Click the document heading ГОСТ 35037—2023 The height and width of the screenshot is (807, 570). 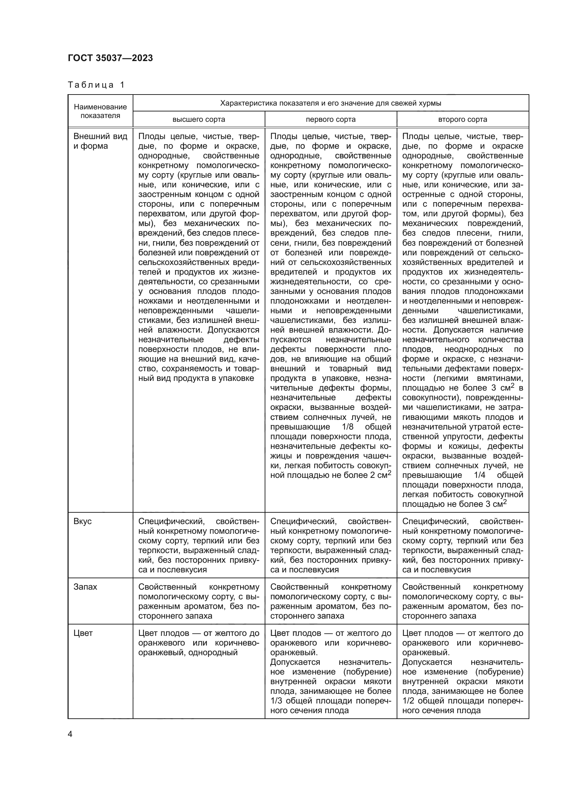point(110,58)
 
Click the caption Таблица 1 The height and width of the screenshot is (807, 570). point(96,85)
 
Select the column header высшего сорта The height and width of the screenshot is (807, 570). point(199,119)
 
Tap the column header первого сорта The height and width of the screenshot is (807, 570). point(330,119)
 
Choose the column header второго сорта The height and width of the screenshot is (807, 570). point(462,119)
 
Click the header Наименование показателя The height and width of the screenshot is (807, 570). point(100,111)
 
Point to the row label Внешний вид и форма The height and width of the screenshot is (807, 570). point(100,141)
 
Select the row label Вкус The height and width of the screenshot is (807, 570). point(82,521)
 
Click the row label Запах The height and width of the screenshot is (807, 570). point(85,587)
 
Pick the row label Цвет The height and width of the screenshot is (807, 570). point(83,633)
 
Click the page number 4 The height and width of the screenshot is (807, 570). point(70,734)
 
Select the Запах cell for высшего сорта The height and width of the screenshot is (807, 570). point(199,601)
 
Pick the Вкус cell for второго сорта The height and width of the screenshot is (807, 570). point(462,545)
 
